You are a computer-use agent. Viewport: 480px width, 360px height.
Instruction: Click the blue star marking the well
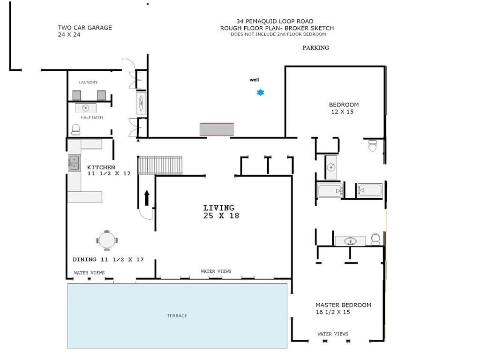(260, 92)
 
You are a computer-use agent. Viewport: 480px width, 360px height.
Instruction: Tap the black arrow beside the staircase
(147, 198)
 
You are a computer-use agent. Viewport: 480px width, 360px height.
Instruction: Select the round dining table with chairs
(107, 240)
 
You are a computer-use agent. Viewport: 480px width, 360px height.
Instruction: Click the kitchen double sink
(74, 163)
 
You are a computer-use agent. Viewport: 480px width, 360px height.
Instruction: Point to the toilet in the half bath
(75, 129)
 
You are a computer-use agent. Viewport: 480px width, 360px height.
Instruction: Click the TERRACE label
(177, 315)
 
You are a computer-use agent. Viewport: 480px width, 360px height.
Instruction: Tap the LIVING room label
(219, 208)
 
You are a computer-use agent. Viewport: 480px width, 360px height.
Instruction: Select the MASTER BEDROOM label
(343, 305)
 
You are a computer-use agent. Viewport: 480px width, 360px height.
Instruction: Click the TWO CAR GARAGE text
(85, 28)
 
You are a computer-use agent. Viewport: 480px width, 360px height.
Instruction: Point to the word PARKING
(315, 47)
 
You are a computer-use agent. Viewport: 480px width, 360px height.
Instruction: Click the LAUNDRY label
(88, 82)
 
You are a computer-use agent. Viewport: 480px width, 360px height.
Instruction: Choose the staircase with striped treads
(160, 165)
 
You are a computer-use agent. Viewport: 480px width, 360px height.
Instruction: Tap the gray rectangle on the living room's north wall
(217, 129)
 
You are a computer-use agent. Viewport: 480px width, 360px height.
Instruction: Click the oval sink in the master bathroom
(350, 241)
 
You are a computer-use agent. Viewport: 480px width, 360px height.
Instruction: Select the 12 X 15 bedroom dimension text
(342, 112)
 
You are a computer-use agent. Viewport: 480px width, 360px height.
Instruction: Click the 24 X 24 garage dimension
(69, 35)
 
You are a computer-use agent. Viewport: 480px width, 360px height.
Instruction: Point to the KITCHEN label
(101, 167)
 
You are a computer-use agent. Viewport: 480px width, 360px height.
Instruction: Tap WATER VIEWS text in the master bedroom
(333, 334)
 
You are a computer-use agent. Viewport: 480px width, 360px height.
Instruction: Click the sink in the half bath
(86, 108)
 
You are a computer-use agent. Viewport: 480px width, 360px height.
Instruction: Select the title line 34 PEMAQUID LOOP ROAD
(275, 21)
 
